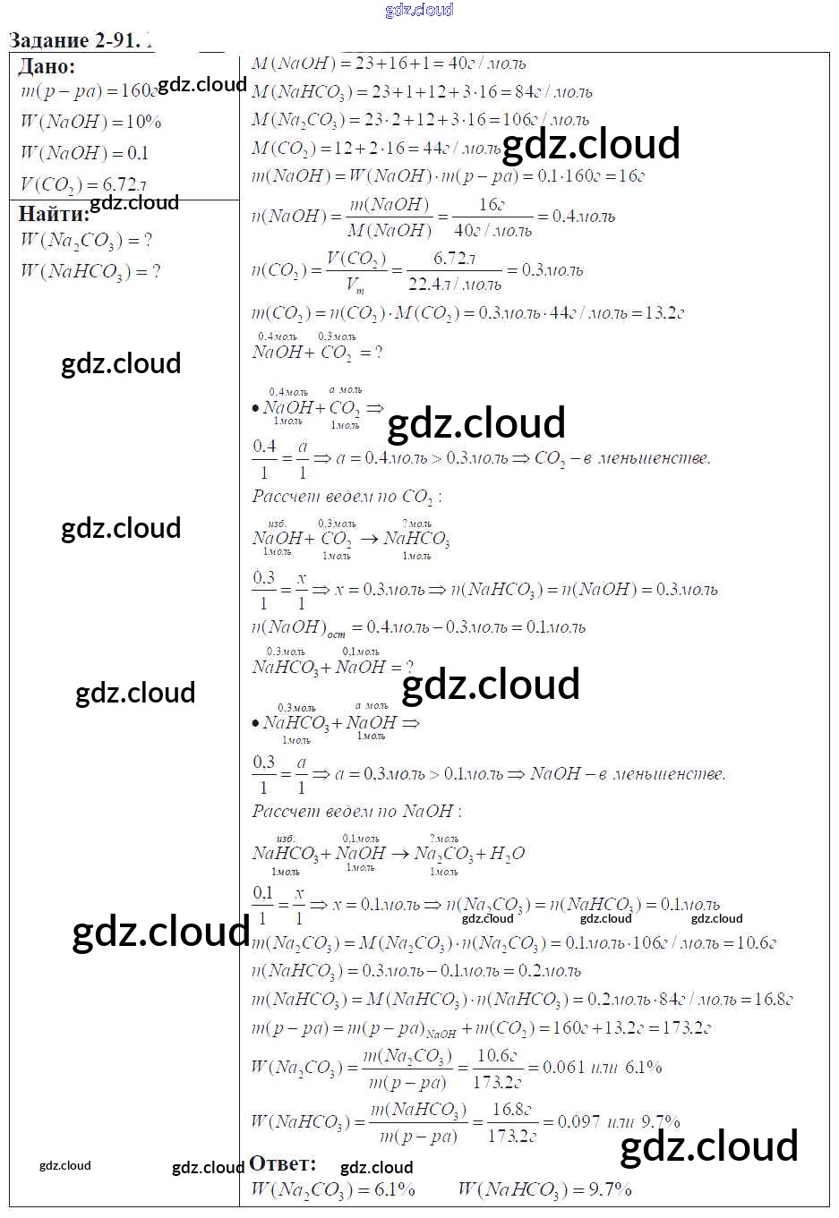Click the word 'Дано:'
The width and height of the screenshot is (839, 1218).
tap(47, 66)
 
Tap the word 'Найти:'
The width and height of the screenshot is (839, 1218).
tap(54, 214)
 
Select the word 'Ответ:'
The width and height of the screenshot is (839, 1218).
tap(282, 1163)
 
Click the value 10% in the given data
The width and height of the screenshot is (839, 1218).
tap(143, 122)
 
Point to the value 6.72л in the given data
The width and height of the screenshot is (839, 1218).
tap(124, 184)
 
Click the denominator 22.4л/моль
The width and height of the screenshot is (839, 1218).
tap(454, 285)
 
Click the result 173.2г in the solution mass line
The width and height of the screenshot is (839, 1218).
tap(686, 1028)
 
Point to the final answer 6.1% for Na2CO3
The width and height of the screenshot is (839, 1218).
tap(394, 1190)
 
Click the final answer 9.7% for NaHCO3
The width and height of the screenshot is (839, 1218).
tap(610, 1190)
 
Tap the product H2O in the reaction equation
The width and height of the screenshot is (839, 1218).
tap(507, 854)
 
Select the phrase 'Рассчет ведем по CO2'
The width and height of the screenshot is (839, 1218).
tap(346, 497)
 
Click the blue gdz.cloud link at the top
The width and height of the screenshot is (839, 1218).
tap(419, 10)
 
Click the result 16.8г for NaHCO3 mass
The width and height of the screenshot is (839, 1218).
tap(774, 1000)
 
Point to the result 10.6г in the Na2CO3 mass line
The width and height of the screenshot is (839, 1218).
tap(756, 943)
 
